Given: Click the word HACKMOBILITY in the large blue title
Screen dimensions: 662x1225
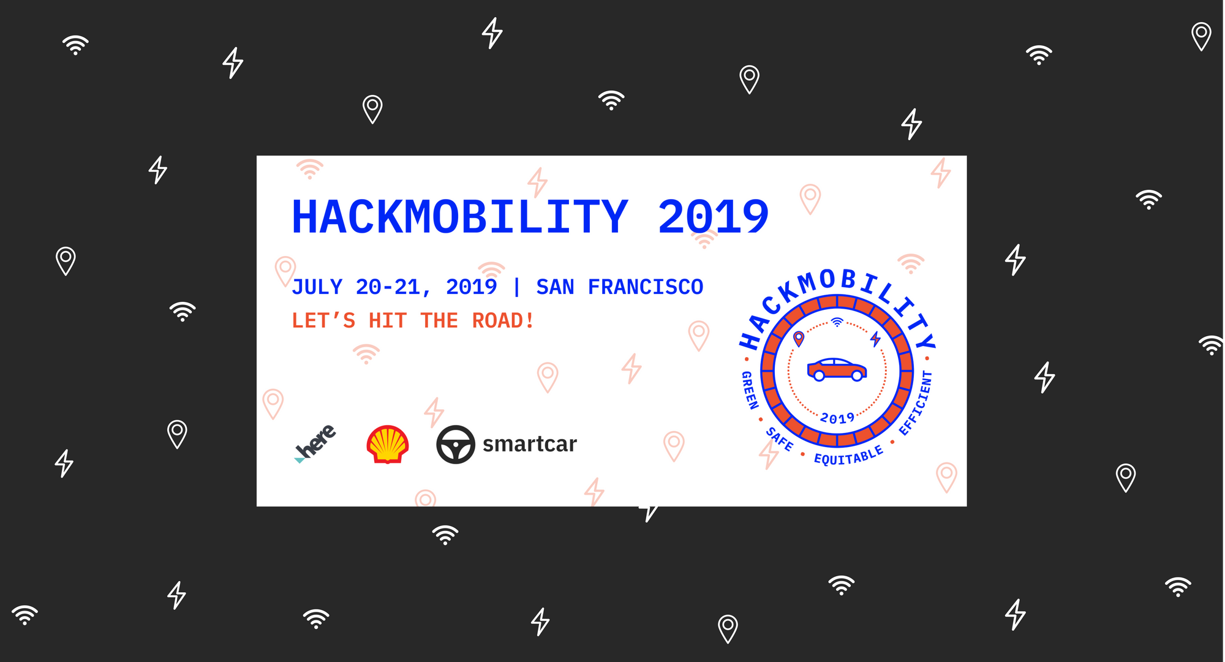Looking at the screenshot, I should pos(459,217).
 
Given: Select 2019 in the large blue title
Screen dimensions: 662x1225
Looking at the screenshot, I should pos(713,217).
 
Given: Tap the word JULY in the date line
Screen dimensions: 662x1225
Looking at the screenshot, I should pos(317,287).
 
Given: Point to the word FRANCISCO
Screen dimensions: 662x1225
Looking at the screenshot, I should pos(646,287).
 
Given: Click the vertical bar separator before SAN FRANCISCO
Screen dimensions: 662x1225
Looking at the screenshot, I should pos(516,287).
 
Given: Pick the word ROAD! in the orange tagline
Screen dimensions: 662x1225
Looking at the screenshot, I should pos(503,320).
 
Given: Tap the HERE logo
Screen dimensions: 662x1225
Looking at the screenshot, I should pos(315,443).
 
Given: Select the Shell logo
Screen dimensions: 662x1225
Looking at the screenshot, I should pos(387,444).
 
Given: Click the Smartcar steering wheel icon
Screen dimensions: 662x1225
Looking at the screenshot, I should pos(456,444).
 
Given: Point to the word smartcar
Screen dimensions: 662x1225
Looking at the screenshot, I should pos(530,444).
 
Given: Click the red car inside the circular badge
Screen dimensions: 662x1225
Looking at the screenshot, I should pos(837,369).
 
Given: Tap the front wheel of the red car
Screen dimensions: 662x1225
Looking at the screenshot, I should pos(857,375).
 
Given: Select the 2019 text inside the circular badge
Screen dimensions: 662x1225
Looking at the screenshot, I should pos(837,418).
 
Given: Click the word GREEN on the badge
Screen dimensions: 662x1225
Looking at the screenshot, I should pos(750,390).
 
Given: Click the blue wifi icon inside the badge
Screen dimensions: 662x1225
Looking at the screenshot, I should pos(837,322).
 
